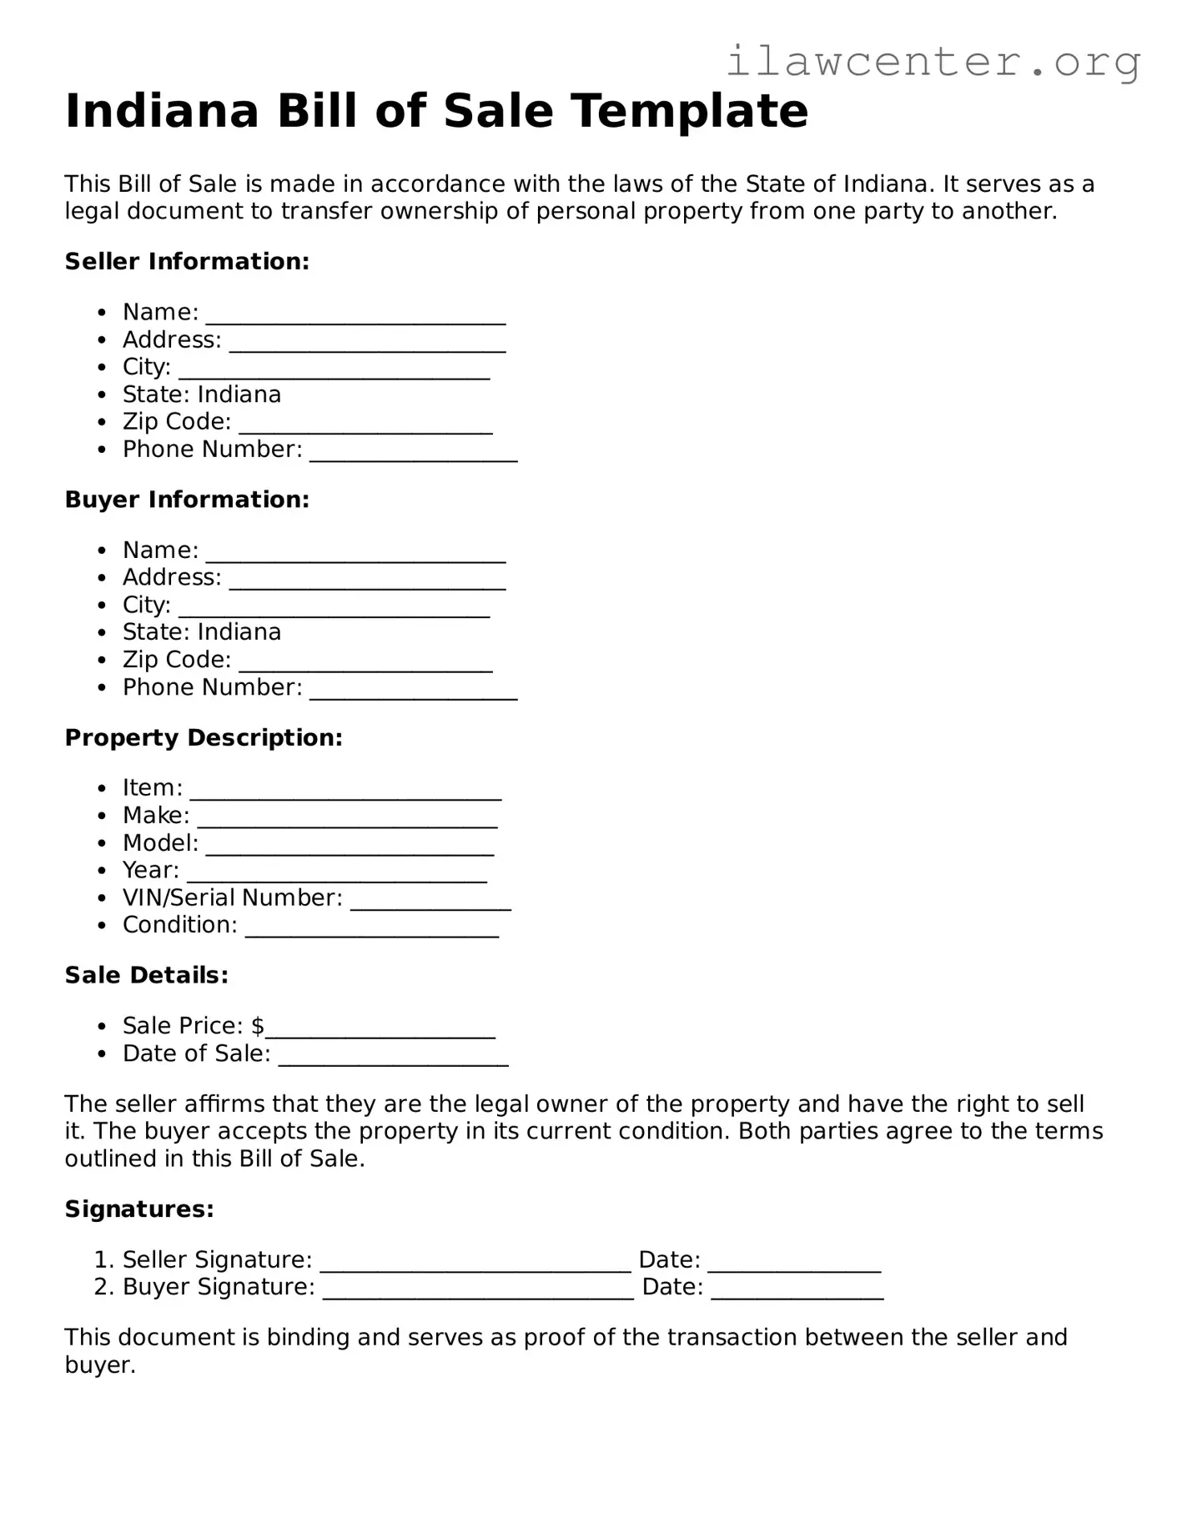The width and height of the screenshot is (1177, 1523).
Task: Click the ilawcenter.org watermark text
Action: pyautogui.click(x=933, y=62)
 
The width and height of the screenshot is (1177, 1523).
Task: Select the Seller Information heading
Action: pyautogui.click(x=187, y=262)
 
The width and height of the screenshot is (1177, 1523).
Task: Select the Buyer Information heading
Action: pyautogui.click(x=187, y=500)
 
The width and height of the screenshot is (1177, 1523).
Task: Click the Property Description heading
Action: pyautogui.click(x=204, y=738)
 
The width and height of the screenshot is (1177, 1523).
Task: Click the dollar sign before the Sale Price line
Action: pyautogui.click(x=257, y=1026)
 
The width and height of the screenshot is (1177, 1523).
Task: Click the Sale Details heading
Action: pyautogui.click(x=147, y=976)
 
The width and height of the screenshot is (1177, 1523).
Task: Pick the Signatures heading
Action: pyautogui.click(x=139, y=1209)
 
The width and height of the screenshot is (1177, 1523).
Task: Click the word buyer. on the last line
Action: pyautogui.click(x=100, y=1365)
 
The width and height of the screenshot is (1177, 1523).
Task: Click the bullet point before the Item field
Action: pyautogui.click(x=102, y=788)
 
